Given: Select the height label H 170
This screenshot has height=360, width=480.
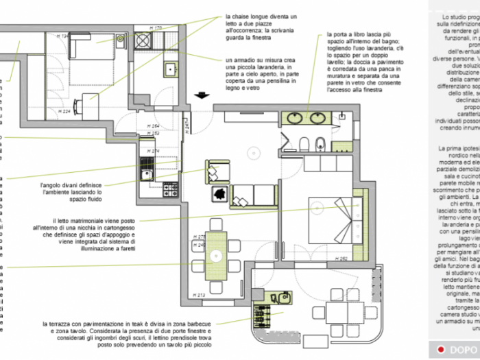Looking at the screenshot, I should coord(154,28).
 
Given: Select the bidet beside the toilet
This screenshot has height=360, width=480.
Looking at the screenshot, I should coord(321,143).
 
